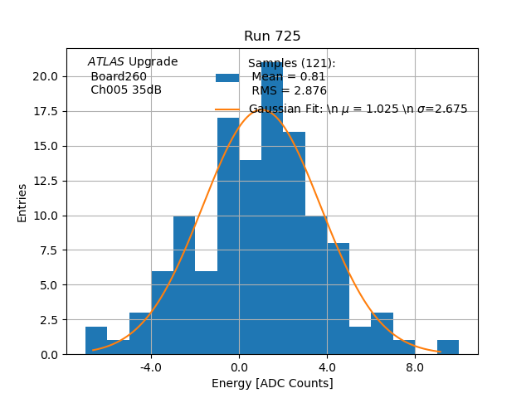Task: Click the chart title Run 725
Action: click(272, 36)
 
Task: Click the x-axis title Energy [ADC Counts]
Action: click(272, 383)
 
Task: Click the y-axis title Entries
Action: click(22, 202)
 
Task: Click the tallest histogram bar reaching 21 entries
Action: click(272, 207)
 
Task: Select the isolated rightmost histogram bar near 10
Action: click(448, 347)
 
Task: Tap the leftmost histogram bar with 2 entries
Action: click(96, 341)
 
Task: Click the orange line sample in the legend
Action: click(227, 109)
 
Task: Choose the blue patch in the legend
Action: click(227, 78)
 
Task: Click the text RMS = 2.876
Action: click(289, 91)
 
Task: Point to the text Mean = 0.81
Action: click(289, 77)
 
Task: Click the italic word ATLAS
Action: click(106, 62)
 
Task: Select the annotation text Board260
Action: click(119, 77)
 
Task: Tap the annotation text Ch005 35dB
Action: click(126, 90)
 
